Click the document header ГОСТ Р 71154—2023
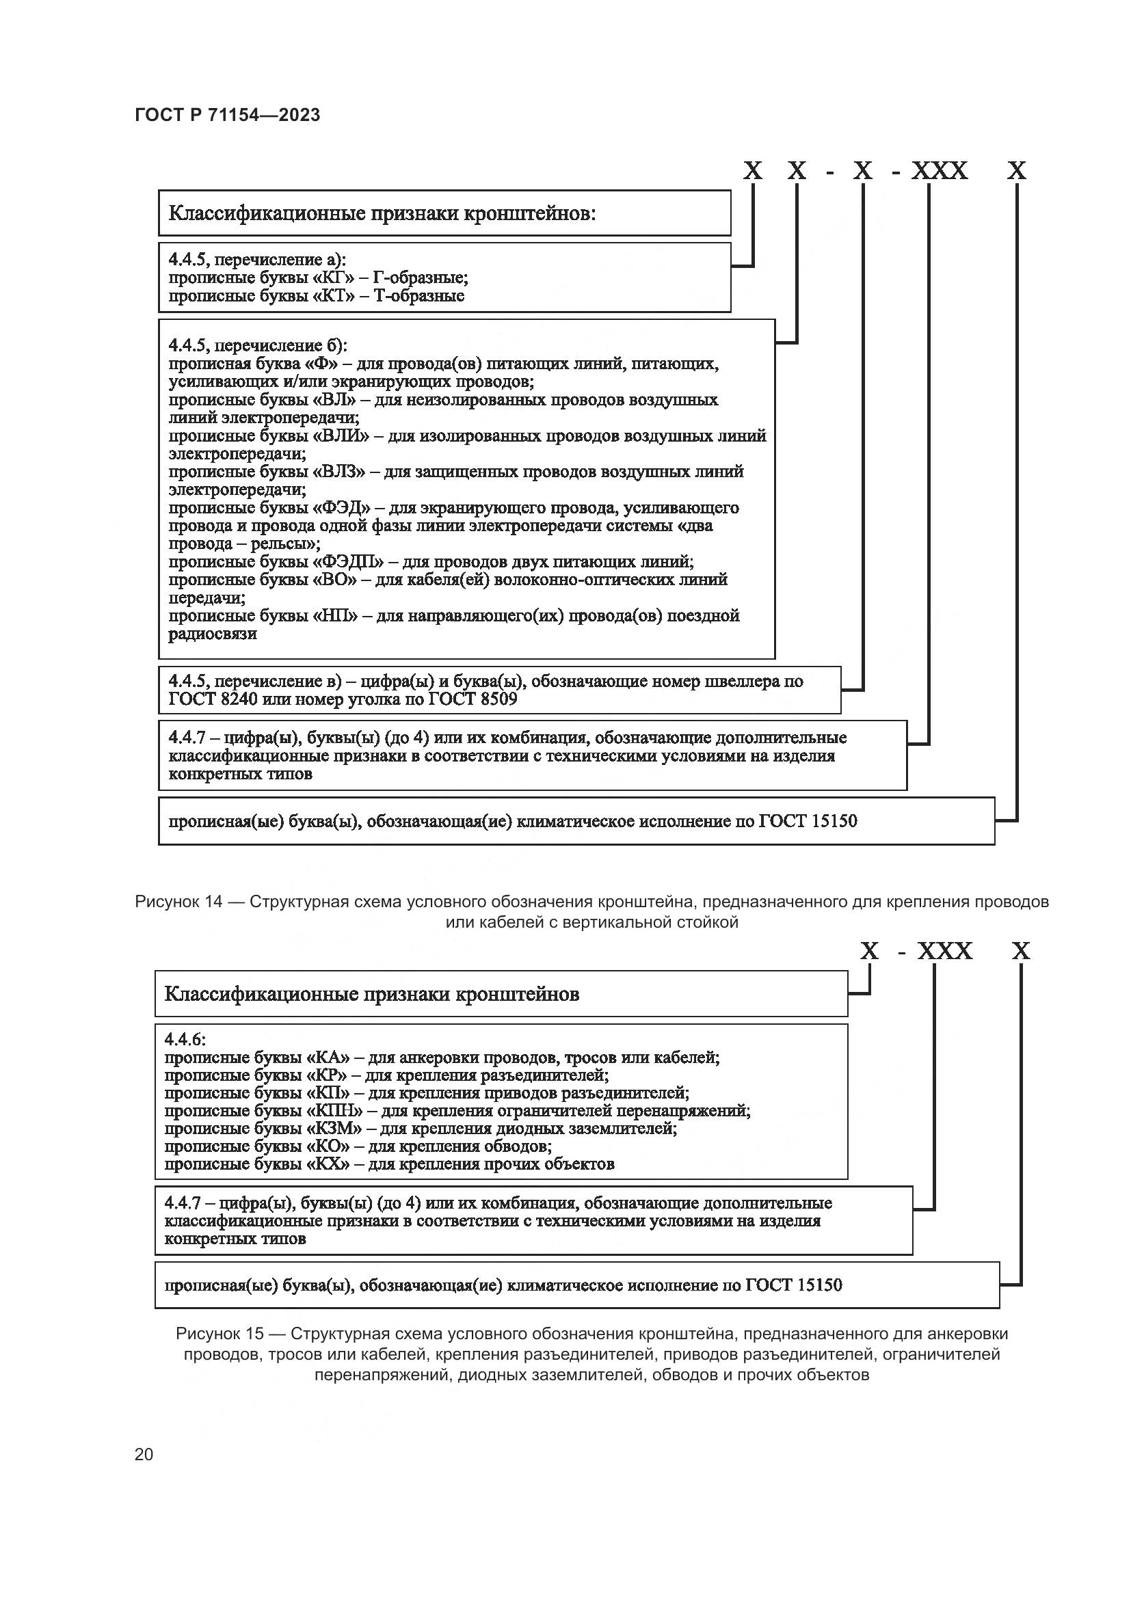(227, 115)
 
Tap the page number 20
(144, 1454)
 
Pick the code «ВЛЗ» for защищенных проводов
(341, 472)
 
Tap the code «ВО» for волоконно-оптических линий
(338, 580)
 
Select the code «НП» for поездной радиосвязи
(338, 616)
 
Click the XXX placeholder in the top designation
(940, 171)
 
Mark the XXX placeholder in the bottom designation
(944, 951)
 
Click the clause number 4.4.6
(185, 1040)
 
